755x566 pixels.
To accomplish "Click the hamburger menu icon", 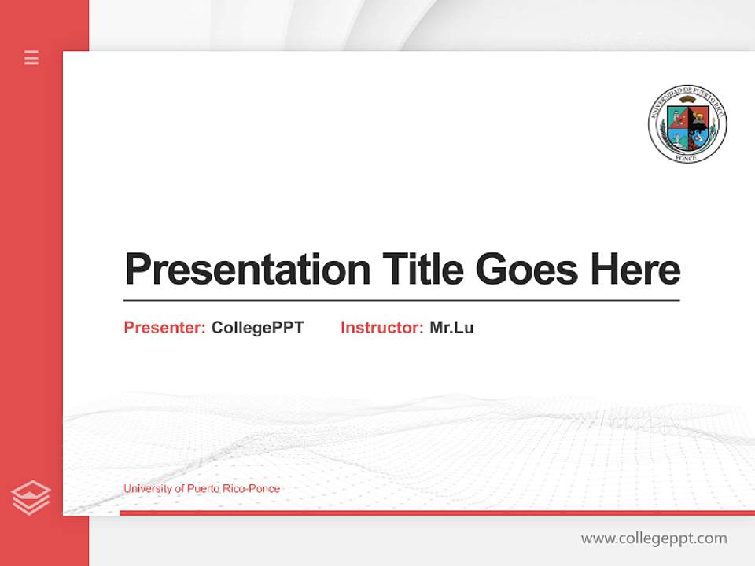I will (31, 57).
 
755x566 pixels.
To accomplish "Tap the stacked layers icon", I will (31, 498).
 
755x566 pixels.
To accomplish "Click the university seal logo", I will (687, 124).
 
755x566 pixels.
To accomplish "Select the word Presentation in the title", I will (247, 270).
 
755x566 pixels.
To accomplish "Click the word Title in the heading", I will (422, 269).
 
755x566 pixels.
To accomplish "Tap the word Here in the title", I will (635, 269).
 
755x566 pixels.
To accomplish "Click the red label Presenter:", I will (164, 328).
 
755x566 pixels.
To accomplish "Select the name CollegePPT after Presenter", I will (257, 328).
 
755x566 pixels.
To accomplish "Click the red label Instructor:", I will (381, 328).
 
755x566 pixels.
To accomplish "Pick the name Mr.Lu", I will (451, 328).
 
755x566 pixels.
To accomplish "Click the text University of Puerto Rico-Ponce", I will (201, 489).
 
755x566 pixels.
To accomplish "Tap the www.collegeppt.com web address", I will (654, 538).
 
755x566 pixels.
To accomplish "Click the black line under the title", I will (401, 300).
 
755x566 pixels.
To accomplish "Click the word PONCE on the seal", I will (687, 157).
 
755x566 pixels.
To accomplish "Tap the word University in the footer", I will (147, 489).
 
